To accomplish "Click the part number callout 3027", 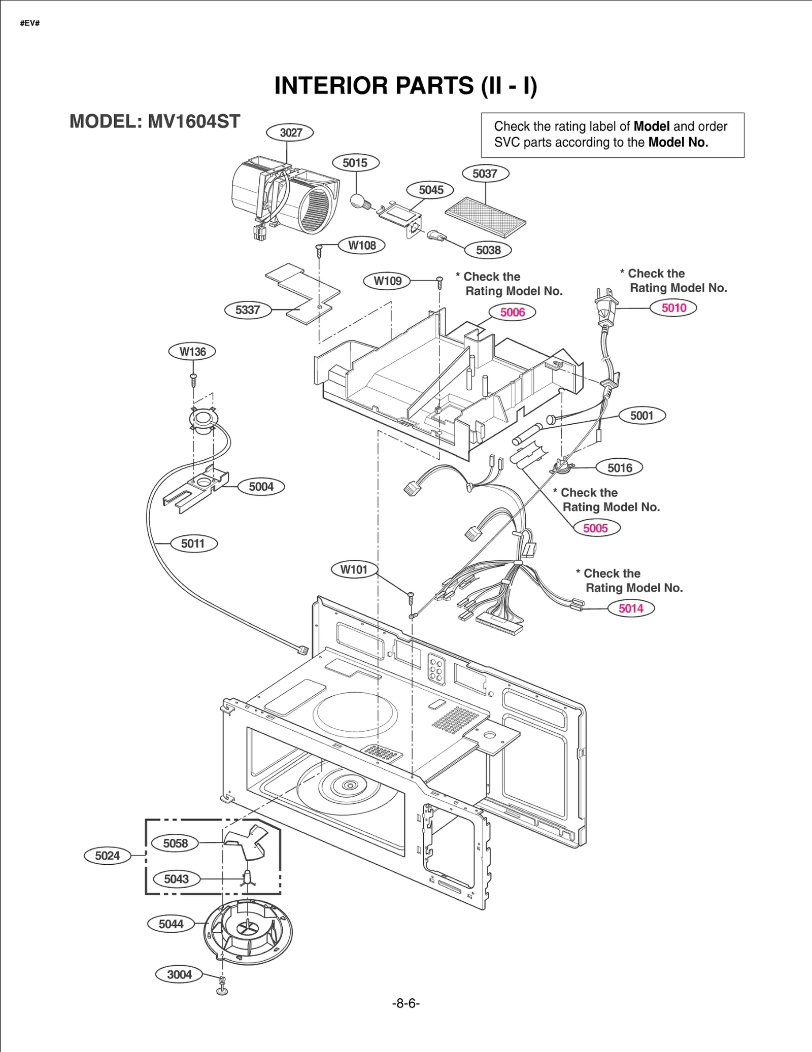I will point(290,132).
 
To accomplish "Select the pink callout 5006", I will point(512,312).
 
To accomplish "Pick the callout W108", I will point(362,246).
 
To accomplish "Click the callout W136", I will point(192,352).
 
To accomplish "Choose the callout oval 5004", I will point(261,487).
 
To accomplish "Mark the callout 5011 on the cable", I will point(193,544).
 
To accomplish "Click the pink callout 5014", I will point(631,608).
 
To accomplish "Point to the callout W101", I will point(354,569).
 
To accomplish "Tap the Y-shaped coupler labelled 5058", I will point(247,841).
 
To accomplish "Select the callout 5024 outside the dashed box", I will point(107,856).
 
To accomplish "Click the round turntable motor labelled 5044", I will point(248,932).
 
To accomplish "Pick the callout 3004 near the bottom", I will point(179,974).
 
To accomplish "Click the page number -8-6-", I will point(405,1003).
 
